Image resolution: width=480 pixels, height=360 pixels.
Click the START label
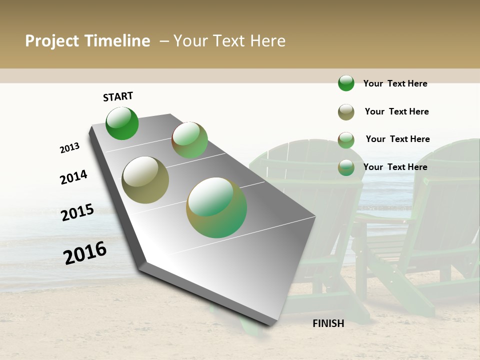click(x=118, y=96)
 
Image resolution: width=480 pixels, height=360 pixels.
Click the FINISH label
click(x=328, y=323)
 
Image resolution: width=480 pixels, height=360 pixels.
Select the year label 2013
click(x=69, y=148)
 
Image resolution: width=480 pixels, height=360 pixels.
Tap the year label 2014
click(x=73, y=177)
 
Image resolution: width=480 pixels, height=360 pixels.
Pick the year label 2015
click(x=77, y=212)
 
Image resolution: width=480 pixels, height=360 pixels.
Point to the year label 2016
click(x=85, y=253)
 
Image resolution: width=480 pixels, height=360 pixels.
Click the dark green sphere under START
click(x=122, y=123)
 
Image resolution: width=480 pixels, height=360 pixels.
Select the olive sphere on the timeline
click(x=145, y=180)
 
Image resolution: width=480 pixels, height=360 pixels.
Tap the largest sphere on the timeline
click(x=216, y=207)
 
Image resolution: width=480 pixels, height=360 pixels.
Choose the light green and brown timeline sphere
click(x=189, y=140)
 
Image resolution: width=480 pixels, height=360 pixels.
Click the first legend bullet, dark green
click(x=346, y=83)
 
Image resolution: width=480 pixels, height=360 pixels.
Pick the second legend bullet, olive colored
click(x=346, y=112)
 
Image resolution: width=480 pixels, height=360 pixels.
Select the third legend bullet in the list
click(x=346, y=140)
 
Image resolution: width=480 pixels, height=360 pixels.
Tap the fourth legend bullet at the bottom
click(x=346, y=167)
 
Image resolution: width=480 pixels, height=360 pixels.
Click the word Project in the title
click(x=52, y=41)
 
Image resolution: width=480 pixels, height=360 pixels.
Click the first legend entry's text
click(x=395, y=83)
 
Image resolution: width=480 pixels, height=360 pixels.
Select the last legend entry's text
click(x=395, y=167)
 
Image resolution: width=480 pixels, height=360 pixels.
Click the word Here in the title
click(x=267, y=41)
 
